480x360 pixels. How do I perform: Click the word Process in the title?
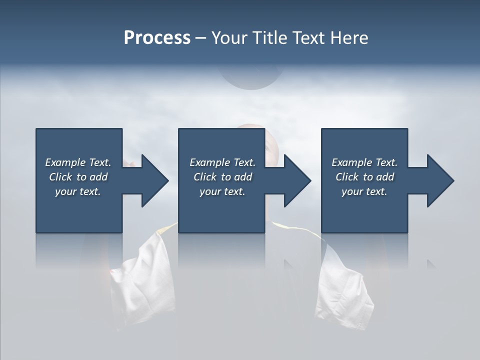pos(157,38)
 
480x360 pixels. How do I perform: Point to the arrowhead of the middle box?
pos(296,180)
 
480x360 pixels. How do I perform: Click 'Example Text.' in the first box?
pos(78,162)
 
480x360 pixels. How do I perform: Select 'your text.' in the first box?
pos(78,191)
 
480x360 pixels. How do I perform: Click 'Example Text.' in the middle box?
pos(222,162)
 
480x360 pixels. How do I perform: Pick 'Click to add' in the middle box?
pos(222,177)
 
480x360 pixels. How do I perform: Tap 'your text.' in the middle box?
pos(222,191)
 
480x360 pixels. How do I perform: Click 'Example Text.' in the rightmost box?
pos(364,162)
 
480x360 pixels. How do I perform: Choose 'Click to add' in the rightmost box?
pos(364,177)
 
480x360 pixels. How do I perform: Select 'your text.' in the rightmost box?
pos(364,191)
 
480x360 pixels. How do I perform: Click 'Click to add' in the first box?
pos(78,177)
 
